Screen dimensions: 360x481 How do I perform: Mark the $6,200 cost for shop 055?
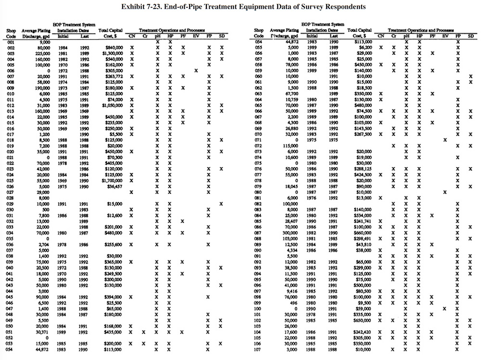[364, 48]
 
